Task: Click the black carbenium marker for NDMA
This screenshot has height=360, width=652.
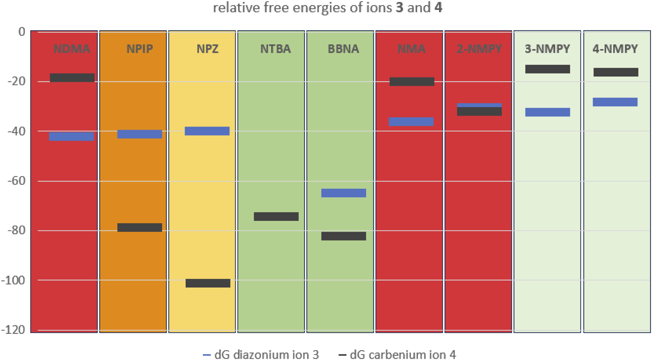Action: click(72, 78)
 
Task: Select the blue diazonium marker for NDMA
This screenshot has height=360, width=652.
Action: click(71, 136)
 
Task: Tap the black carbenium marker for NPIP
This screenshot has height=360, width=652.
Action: click(140, 227)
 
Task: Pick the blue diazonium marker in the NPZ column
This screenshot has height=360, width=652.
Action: click(207, 131)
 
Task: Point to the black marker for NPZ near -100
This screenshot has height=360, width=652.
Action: click(208, 283)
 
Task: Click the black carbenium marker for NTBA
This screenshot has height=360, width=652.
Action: click(276, 216)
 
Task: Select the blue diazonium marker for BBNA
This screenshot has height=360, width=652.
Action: click(343, 193)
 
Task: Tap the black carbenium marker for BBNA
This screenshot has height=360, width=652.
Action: click(343, 236)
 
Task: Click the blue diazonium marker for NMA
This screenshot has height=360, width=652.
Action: click(411, 121)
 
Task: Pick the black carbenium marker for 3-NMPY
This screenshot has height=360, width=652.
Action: click(547, 69)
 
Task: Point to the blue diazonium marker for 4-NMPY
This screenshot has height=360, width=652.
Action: click(615, 102)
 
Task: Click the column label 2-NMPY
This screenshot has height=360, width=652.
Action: click(479, 49)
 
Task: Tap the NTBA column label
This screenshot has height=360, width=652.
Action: click(275, 49)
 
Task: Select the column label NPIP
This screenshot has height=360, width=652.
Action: click(140, 49)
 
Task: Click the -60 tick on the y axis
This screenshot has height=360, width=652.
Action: click(16, 181)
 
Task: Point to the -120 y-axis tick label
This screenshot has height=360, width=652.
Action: click(13, 330)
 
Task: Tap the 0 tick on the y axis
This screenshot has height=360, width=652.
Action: click(22, 32)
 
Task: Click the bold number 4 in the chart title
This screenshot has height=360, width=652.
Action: click(438, 8)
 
